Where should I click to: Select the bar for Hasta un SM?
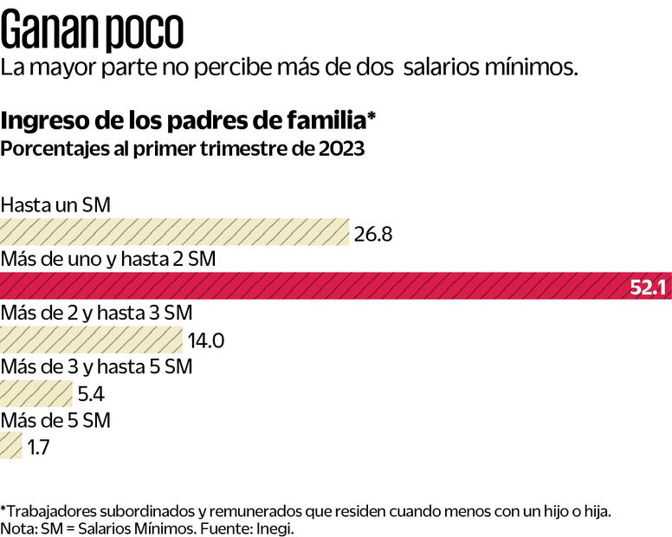174,232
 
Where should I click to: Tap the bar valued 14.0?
91,340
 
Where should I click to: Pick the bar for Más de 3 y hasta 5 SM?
36,393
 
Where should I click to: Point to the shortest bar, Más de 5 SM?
11,446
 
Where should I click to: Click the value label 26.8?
374,234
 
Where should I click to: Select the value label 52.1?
649,288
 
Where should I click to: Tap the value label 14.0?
206,340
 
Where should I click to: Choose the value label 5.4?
92,394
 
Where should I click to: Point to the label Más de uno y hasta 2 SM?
108,259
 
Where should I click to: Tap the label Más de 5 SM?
55,420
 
